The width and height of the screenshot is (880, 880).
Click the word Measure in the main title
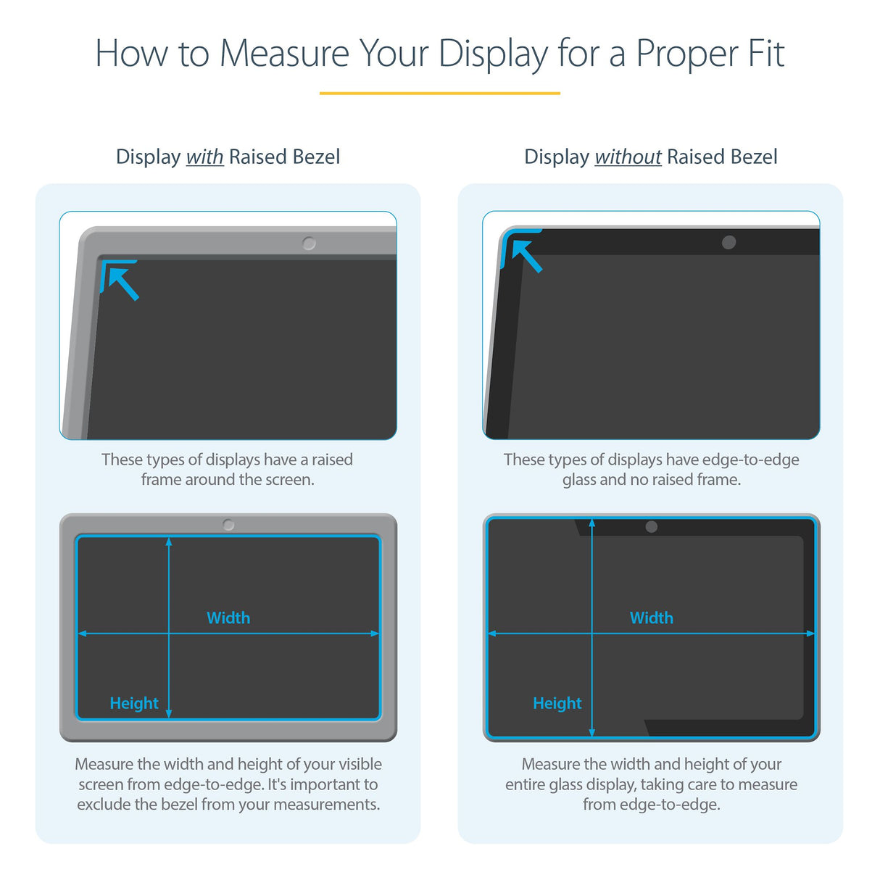pos(284,54)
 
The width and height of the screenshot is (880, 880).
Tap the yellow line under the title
pos(439,93)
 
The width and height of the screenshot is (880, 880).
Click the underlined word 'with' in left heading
pos(204,157)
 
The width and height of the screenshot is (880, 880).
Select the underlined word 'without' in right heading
pos(628,157)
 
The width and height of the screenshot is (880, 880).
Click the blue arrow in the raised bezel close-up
pos(120,281)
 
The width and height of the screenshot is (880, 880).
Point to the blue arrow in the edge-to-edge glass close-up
pos(525,254)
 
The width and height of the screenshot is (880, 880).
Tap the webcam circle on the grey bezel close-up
pos(309,244)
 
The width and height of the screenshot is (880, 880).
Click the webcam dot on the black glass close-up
pos(729,242)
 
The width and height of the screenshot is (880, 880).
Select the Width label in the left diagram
pos(228,618)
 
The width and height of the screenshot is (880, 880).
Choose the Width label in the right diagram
pos(651,618)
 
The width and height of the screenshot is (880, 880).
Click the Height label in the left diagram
pos(134,703)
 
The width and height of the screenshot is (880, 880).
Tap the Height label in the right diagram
pos(557,703)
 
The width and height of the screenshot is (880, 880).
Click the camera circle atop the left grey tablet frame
pos(228,524)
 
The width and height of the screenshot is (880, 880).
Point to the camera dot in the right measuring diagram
pos(651,527)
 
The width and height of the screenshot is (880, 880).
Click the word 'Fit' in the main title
pos(766,54)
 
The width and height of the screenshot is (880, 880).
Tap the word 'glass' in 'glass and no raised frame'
pos(578,480)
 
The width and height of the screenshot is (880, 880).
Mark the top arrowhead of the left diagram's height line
pos(169,541)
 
